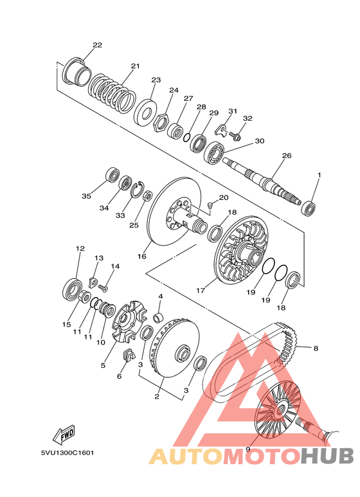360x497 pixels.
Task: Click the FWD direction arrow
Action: [x=64, y=434]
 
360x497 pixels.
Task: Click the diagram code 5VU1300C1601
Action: [x=67, y=453]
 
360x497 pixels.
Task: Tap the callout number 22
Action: [x=97, y=45]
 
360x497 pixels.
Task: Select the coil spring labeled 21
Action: [x=112, y=94]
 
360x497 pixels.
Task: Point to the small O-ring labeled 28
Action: [x=187, y=138]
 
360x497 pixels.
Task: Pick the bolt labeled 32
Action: [x=235, y=136]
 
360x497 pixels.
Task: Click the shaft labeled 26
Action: [x=262, y=181]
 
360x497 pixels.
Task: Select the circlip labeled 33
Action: [x=138, y=190]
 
